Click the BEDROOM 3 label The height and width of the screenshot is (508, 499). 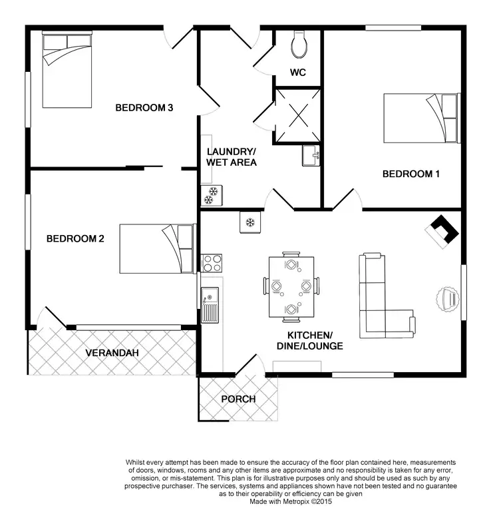[144, 107]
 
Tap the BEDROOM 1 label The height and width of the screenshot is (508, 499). [411, 174]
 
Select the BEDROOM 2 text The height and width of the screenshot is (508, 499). [75, 239]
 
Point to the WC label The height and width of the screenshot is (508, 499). [298, 73]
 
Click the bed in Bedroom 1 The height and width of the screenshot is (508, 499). [421, 118]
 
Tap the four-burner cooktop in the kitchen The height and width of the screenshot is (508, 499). [212, 262]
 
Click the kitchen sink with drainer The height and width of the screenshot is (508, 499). [210, 304]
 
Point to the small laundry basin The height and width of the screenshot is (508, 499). [311, 156]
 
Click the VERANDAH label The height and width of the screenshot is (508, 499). [112, 353]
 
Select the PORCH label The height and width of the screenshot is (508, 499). [238, 399]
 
